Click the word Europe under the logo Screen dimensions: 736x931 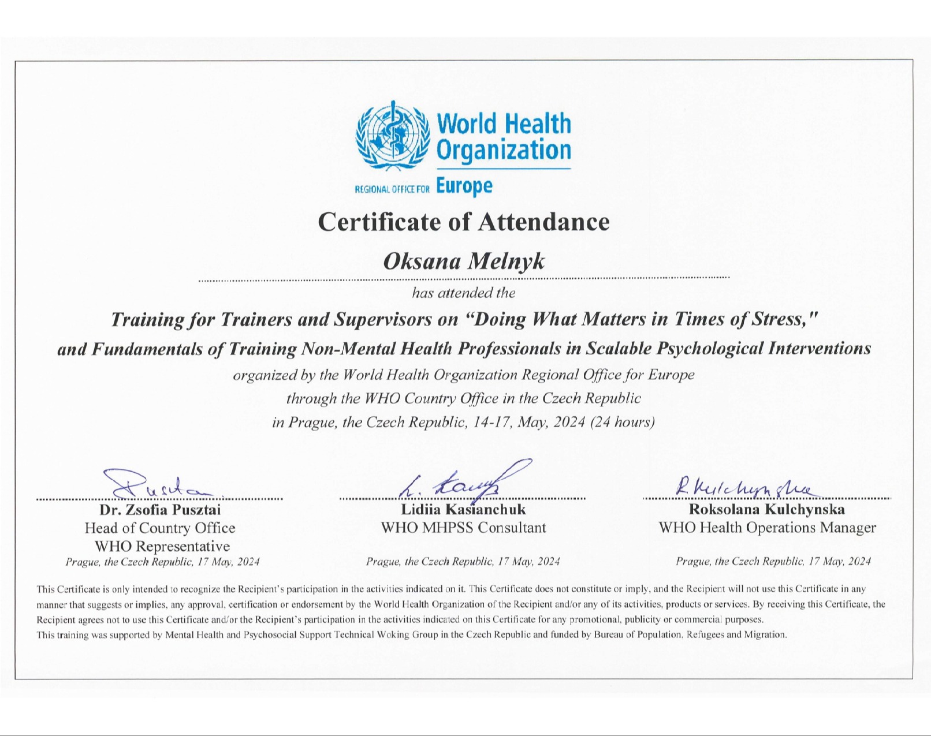point(464,186)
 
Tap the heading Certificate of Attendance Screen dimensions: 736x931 point(464,222)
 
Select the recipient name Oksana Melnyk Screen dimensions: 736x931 point(464,261)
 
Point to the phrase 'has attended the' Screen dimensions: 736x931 point(464,293)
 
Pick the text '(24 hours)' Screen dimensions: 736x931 point(623,422)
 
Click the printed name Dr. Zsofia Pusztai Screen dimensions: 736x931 point(160,510)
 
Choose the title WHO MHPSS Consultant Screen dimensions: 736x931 point(463,528)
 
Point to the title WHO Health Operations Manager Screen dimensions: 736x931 point(767,528)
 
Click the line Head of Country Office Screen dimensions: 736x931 point(160,528)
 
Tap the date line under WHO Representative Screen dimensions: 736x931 point(162,562)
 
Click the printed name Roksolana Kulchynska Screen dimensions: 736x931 point(766,510)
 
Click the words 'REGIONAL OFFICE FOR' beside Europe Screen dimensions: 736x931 point(392,189)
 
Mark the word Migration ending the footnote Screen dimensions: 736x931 point(768,635)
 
